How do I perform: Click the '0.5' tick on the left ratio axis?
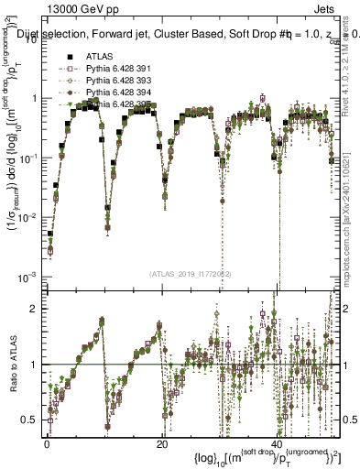[x=30, y=420]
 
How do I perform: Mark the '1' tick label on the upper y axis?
[x=35, y=98]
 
